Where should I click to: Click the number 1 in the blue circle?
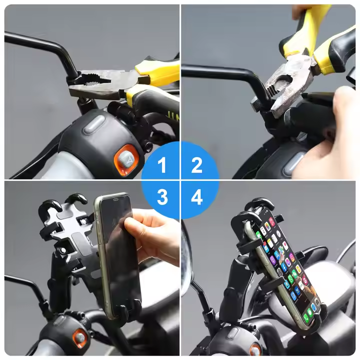click(x=162, y=165)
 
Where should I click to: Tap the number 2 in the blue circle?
click(x=197, y=165)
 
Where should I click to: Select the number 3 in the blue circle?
click(x=162, y=197)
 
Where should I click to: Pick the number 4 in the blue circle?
click(x=197, y=197)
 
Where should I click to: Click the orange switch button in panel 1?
click(x=126, y=159)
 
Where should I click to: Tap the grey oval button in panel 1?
click(x=94, y=124)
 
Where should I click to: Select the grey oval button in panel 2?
click(x=294, y=164)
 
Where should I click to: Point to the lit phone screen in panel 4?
click(x=287, y=266)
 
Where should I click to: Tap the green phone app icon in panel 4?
click(x=306, y=317)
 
